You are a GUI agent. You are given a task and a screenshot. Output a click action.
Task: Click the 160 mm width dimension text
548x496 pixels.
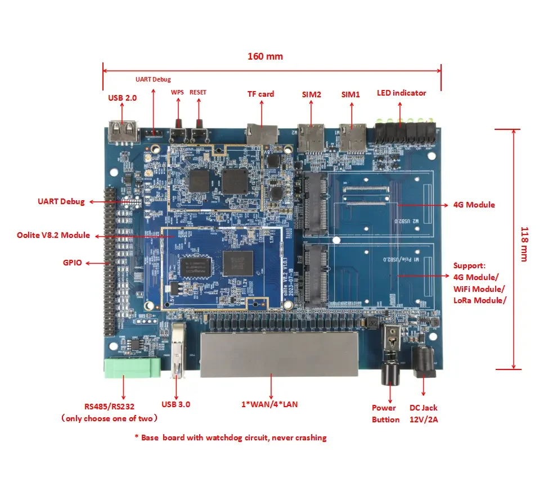click(265, 56)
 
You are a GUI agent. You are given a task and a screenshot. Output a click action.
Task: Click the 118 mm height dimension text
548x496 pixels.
click(524, 244)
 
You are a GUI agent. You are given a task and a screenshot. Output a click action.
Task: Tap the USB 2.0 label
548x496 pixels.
click(122, 98)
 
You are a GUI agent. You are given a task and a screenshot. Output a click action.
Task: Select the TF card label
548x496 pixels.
click(260, 94)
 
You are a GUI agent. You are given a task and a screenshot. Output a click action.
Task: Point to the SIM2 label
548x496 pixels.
click(311, 94)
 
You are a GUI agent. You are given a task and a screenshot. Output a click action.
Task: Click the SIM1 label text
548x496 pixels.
click(350, 94)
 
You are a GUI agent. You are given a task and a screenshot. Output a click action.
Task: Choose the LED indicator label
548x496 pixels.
click(401, 93)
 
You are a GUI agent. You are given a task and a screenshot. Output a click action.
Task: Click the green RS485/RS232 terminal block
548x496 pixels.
click(132, 368)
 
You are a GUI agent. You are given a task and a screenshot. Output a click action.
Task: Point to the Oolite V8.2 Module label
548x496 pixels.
click(53, 235)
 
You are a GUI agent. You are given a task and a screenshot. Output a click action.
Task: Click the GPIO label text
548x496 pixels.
click(74, 263)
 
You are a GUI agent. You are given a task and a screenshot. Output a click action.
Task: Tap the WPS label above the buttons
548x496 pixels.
click(177, 92)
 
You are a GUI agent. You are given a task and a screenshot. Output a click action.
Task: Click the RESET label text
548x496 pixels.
click(197, 92)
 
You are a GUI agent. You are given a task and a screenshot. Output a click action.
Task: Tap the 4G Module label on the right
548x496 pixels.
click(473, 205)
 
